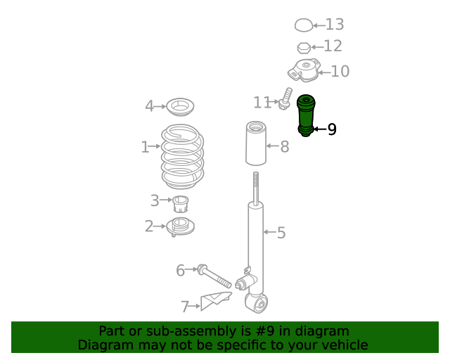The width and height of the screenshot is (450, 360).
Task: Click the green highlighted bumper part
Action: coord(306,116)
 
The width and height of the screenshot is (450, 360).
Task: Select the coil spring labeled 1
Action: coord(183,157)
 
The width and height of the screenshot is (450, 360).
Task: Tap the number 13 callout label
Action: coord(335,25)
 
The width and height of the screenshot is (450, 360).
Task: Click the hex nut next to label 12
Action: coord(304,48)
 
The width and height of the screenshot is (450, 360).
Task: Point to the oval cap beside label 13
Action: coord(303,25)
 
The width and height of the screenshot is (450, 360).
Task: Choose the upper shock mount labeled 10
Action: coord(304,70)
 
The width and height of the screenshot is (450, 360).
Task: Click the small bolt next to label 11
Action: coord(285,98)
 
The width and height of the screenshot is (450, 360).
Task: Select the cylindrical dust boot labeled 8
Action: coord(256,143)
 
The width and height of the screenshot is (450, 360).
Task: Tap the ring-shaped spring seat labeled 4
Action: coord(180,107)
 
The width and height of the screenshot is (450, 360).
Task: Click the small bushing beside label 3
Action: coord(181,204)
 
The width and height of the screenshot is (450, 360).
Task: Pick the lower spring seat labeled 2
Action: coord(180,227)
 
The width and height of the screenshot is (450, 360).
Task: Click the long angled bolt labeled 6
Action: coord(214,276)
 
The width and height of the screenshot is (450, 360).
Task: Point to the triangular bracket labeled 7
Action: coord(216,300)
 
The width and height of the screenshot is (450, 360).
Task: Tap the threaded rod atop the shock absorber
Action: coord(256,188)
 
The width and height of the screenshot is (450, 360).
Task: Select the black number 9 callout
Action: coord(332,129)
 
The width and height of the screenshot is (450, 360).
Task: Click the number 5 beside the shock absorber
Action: coord(281,233)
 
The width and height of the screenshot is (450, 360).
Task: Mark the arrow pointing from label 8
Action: coord(273,146)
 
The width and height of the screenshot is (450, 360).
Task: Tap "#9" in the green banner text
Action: coord(264,331)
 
